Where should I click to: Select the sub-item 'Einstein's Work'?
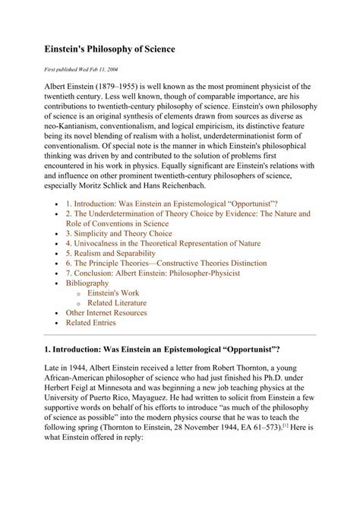(118, 292)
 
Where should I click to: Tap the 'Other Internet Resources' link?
(106, 312)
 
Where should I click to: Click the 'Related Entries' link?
(90, 322)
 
